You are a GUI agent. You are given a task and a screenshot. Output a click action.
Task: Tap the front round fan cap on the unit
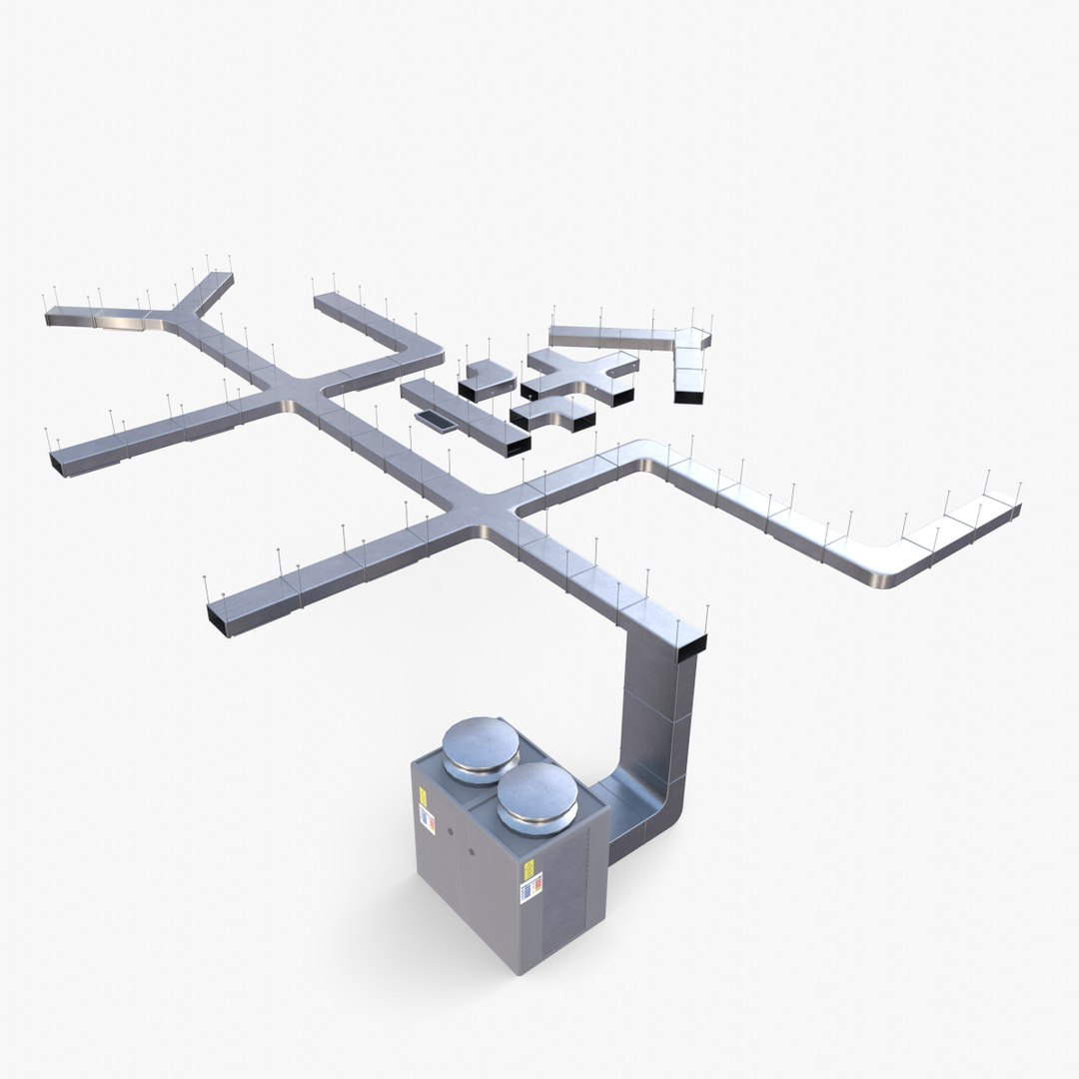coord(537,794)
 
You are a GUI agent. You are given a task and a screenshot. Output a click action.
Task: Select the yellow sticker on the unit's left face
coord(423,799)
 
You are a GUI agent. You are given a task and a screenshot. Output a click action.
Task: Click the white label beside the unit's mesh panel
coord(531,886)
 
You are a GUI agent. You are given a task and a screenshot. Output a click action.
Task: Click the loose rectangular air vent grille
coord(435,422)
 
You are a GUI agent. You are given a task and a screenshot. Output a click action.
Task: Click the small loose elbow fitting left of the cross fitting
coord(487,380)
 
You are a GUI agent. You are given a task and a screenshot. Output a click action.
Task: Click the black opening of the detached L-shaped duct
coord(688,397)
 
